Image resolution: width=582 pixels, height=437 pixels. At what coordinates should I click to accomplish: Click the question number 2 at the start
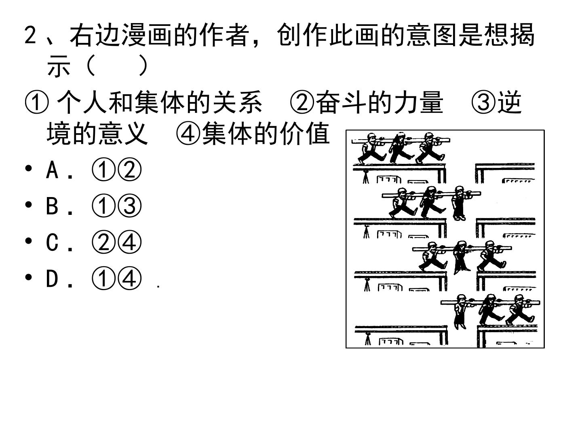tap(30, 35)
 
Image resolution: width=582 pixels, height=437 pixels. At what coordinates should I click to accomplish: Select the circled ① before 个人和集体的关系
tap(37, 102)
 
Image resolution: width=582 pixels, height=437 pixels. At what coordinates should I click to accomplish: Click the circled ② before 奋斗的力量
tap(302, 102)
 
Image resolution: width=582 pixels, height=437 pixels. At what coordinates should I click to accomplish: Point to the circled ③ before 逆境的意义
tap(483, 102)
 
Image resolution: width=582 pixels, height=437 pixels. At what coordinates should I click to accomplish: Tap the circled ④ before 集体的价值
tap(188, 134)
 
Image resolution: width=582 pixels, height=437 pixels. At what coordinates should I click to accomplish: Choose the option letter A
tap(52, 170)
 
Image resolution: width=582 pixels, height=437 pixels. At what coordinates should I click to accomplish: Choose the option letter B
tap(52, 206)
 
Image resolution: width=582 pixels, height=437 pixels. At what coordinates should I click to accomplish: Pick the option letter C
tap(52, 242)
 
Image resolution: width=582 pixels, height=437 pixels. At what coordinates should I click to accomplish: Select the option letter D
tap(52, 279)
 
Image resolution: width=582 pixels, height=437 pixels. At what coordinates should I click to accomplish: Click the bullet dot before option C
tap(28, 241)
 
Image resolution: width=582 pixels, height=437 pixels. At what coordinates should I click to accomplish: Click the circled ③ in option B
tap(129, 206)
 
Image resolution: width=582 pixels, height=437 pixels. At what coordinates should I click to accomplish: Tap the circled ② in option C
tap(103, 242)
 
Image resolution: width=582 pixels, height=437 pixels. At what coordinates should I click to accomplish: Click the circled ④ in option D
tap(129, 278)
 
